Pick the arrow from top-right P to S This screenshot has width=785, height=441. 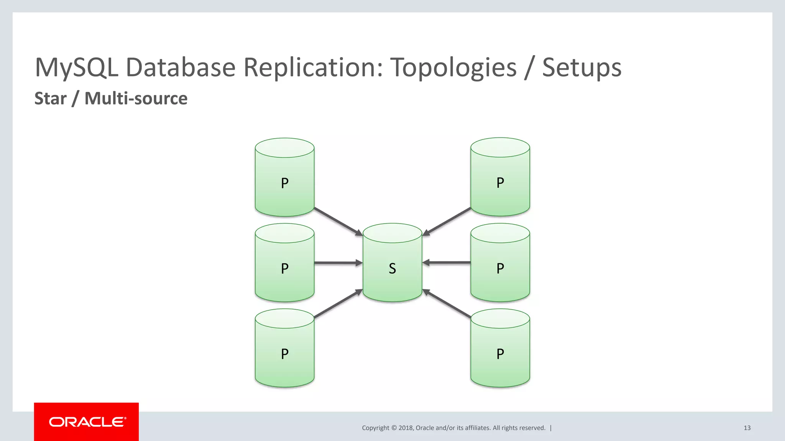447,222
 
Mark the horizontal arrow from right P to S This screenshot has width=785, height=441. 447,263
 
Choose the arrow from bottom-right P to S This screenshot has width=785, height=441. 447,304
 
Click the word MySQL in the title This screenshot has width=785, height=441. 76,68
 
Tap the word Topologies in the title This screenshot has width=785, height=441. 453,68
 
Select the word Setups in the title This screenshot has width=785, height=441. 581,68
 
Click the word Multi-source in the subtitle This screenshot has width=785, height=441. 136,98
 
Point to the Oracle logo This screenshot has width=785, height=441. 87,422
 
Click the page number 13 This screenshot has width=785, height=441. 747,428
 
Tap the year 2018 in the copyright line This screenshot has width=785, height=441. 406,428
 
